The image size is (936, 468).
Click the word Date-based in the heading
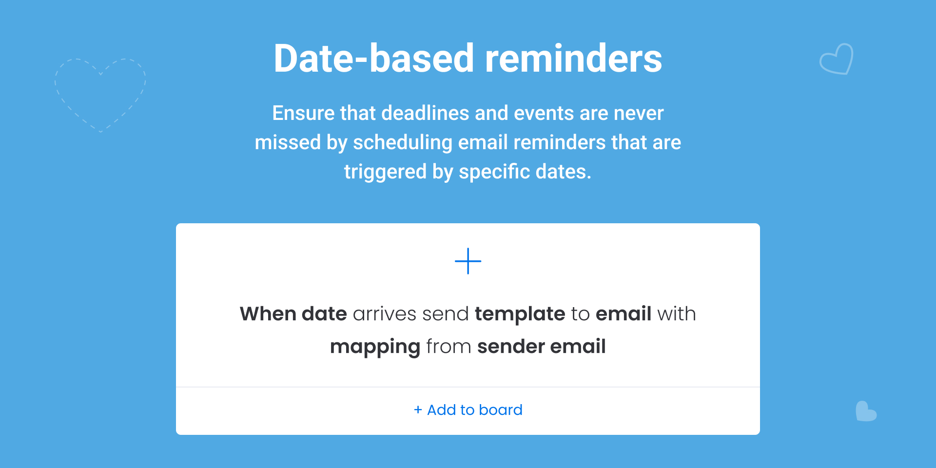coord(374,58)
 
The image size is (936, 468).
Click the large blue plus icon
coord(468,261)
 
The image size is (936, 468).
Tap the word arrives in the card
coord(385,314)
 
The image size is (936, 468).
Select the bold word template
coord(520,314)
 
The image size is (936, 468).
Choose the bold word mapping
coord(375,347)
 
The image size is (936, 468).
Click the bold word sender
coord(511,347)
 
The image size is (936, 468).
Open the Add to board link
coord(468,410)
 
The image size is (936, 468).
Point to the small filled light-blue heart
coord(866,411)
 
